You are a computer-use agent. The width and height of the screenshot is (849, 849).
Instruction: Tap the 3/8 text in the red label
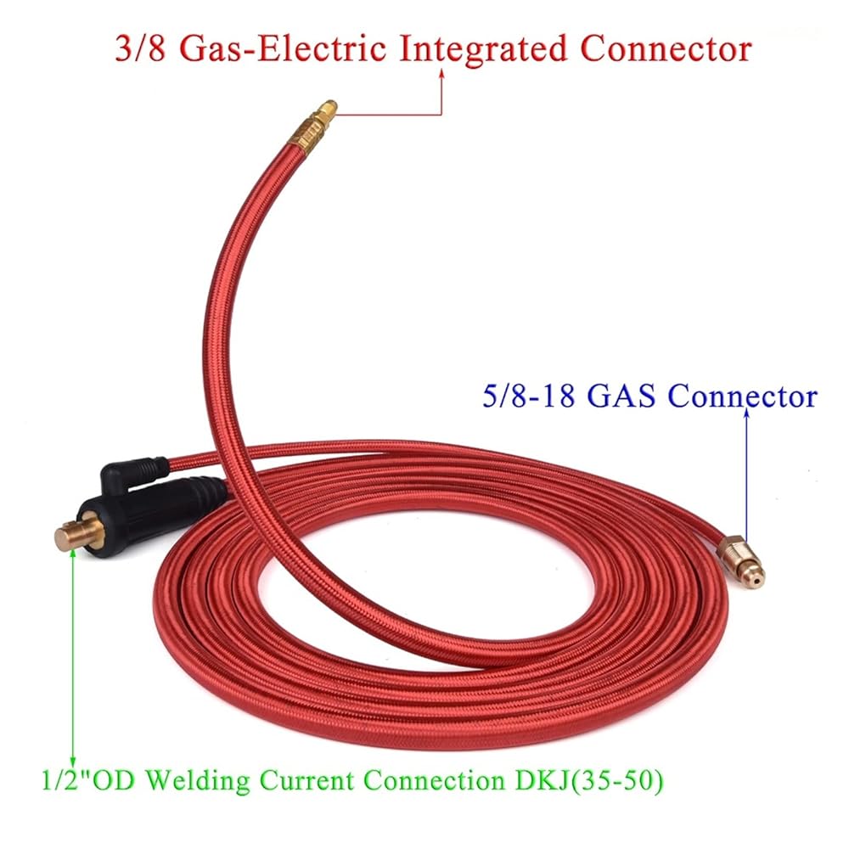(140, 48)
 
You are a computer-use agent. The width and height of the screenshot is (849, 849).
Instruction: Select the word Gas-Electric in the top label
(282, 48)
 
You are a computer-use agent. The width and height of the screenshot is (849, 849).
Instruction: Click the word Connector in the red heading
(666, 48)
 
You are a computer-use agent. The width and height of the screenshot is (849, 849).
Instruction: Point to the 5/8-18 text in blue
(528, 396)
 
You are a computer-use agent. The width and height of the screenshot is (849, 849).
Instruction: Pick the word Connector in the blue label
(742, 396)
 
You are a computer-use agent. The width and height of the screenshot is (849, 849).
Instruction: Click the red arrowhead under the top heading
(441, 73)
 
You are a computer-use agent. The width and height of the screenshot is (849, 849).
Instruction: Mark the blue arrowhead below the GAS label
(746, 413)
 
